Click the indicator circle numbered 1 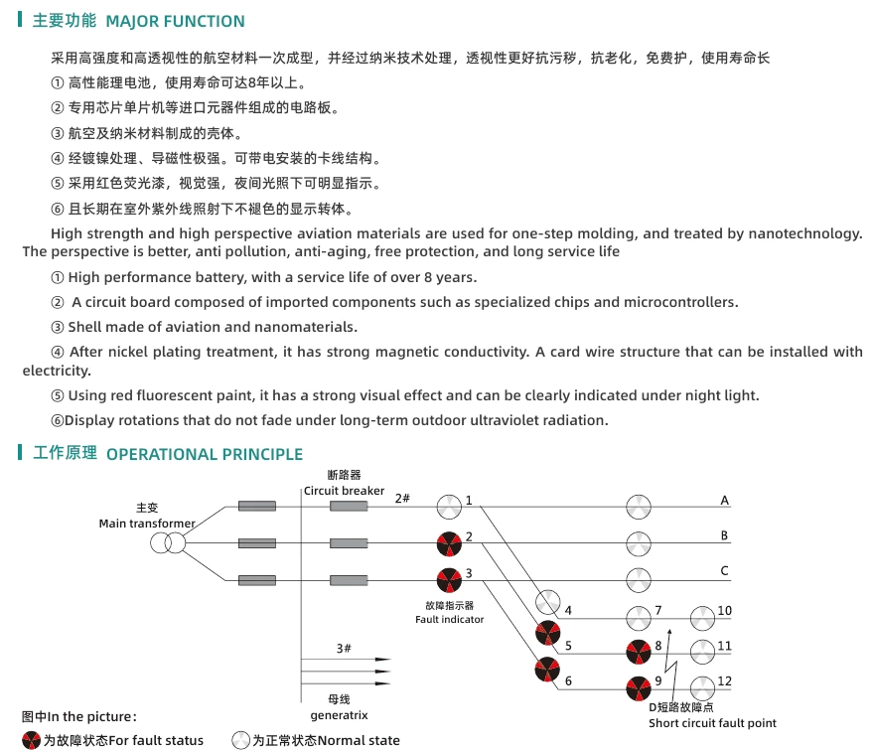[x=449, y=507]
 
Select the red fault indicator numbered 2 [x=449, y=543]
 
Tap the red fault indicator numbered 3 [x=449, y=578]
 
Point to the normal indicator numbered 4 [x=548, y=602]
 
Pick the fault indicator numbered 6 [x=547, y=671]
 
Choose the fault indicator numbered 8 [x=639, y=653]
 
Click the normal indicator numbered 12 [x=703, y=686]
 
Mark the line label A [x=725, y=501]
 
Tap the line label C [x=725, y=570]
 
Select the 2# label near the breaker [x=402, y=498]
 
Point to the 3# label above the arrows [x=344, y=648]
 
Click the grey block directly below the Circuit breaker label [x=349, y=507]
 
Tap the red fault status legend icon [x=32, y=740]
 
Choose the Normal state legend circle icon [x=240, y=740]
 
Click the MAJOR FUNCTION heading [x=175, y=21]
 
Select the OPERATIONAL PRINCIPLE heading [x=204, y=454]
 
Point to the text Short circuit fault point [x=712, y=723]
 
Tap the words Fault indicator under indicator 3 [x=449, y=619]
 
